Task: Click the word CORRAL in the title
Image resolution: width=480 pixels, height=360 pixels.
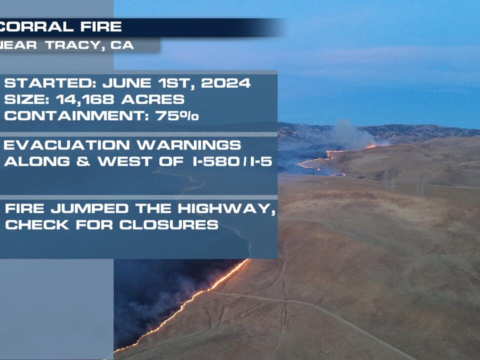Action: (37, 27)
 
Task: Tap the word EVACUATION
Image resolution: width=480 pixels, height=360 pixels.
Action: (68, 145)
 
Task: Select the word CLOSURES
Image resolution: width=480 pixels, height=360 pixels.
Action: (168, 224)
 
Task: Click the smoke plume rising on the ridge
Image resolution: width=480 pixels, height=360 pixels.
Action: (350, 132)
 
